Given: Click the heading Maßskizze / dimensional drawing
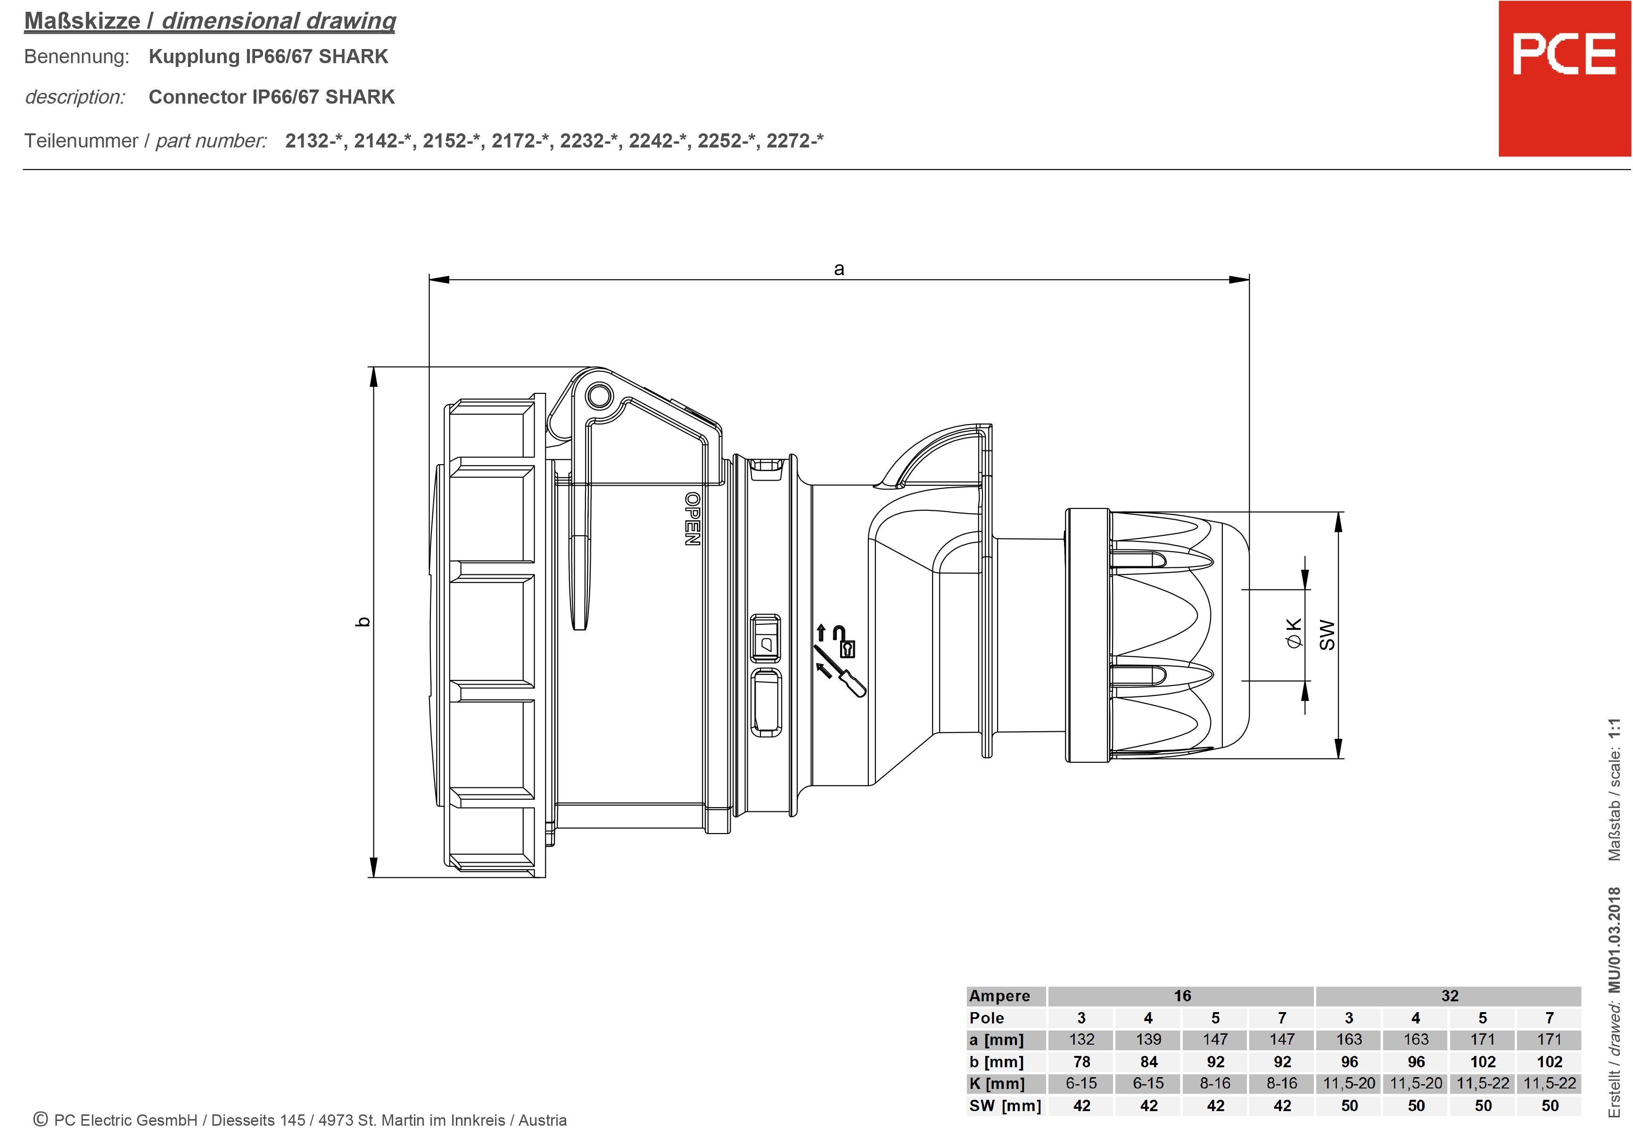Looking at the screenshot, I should pyautogui.click(x=210, y=21).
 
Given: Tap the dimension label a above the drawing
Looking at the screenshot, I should pyautogui.click(x=839, y=269).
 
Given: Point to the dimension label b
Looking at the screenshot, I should pyautogui.click(x=363, y=622).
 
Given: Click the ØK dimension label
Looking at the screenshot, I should pyautogui.click(x=1294, y=633).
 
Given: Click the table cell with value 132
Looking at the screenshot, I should pyautogui.click(x=1081, y=1039).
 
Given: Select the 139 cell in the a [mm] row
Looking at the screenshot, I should pyautogui.click(x=1148, y=1039).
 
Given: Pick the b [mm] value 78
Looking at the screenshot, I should pyautogui.click(x=1081, y=1062).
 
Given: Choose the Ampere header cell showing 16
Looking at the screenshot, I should pyautogui.click(x=1181, y=996).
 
